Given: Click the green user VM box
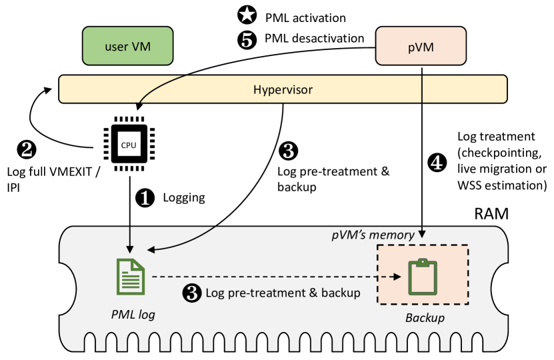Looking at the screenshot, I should (127, 47).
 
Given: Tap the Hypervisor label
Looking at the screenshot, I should (283, 89).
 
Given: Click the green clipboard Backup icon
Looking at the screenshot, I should (423, 276).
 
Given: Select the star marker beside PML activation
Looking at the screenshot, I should (247, 15).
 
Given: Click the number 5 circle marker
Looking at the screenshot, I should (247, 39).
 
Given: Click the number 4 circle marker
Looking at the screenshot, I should (437, 163).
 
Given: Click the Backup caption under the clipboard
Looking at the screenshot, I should (425, 318).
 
